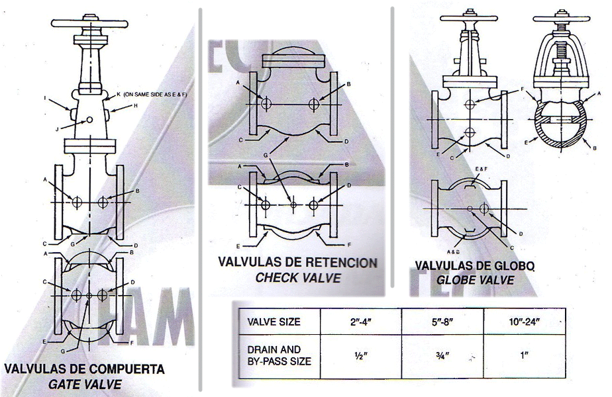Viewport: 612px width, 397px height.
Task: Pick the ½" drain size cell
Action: (x=360, y=355)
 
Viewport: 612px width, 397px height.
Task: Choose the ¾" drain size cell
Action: (x=442, y=355)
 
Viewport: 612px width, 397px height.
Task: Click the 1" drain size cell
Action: (x=524, y=355)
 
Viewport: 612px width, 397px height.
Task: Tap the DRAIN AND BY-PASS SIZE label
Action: (x=279, y=355)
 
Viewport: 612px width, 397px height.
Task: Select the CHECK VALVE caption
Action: (x=298, y=277)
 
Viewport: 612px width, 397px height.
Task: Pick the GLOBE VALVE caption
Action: (x=475, y=279)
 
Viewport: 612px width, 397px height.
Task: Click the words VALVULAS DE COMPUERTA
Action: (x=85, y=369)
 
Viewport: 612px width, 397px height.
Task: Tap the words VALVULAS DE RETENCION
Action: (x=298, y=262)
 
